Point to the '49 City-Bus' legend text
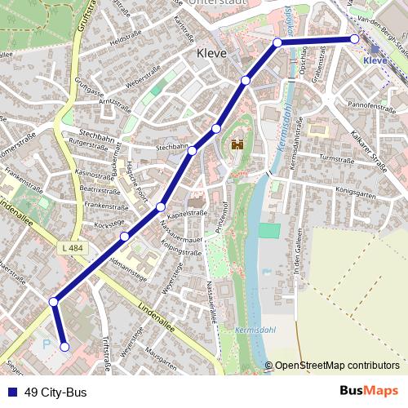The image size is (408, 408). [x=55, y=392]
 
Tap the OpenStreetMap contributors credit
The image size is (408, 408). [x=337, y=366]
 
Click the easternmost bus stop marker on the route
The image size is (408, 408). [x=355, y=39]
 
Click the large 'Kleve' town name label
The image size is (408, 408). [x=211, y=54]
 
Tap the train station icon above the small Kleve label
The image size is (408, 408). [x=375, y=49]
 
